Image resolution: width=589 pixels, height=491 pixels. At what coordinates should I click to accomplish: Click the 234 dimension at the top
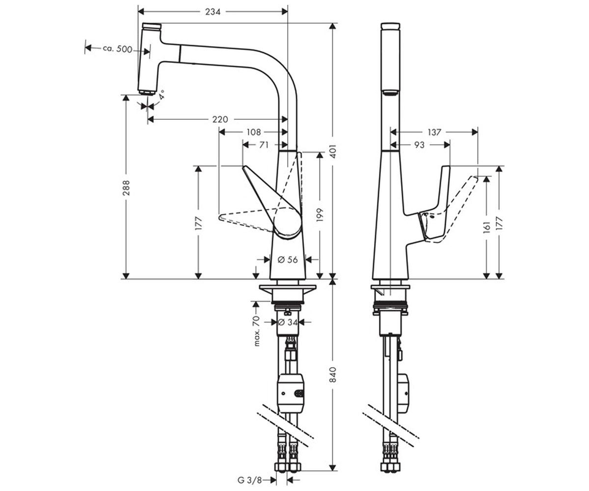pos(213,12)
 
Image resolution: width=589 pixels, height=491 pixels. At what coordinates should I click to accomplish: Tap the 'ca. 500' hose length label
pos(117,49)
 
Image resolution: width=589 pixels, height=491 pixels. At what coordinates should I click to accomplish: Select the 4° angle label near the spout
pos(162,95)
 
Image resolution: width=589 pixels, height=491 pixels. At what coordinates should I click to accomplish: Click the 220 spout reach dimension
pos(220,119)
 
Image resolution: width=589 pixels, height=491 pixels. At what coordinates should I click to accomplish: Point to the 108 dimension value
pos(254,132)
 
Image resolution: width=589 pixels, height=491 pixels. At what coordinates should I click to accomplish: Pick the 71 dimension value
pos(264,145)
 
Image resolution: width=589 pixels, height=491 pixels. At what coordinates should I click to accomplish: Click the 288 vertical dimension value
pos(126,188)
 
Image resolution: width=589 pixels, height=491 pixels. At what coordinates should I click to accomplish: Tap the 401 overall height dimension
pos(333,151)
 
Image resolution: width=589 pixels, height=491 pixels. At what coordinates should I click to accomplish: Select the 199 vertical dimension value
pos(320,215)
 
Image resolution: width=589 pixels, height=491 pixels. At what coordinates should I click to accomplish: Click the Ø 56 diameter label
pos(288,259)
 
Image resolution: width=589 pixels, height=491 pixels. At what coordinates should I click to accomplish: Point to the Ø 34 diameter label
pos(288,322)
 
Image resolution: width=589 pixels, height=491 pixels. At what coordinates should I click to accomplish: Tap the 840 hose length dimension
pos(333,375)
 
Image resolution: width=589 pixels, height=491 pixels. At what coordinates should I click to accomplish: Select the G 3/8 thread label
pos(250,480)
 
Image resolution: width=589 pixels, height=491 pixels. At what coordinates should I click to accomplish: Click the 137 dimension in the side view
pos(434,132)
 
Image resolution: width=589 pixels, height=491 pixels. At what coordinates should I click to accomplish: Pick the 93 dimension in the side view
pos(419,145)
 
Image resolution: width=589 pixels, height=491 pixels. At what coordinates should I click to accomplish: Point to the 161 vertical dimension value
pos(486,227)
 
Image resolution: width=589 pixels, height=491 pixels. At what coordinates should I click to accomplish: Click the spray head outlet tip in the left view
pos(146,93)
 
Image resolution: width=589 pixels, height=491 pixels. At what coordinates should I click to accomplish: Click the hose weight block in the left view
pos(291,393)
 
